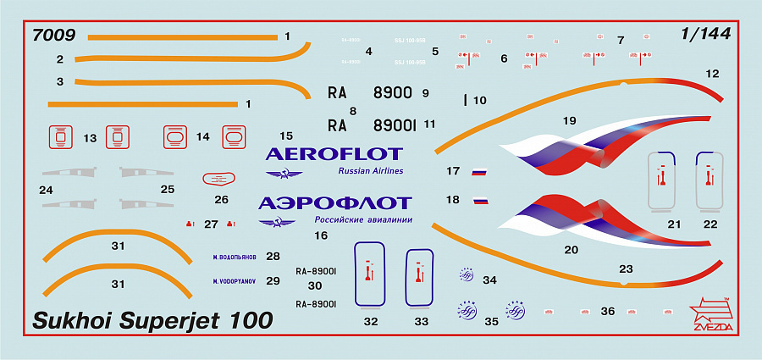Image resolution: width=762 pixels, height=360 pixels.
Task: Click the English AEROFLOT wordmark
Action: tap(334, 154)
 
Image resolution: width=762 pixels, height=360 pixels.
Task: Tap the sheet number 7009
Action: tap(52, 36)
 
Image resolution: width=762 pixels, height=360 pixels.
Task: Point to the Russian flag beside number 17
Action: tap(479, 172)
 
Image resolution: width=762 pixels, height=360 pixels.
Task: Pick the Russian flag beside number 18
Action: tap(480, 202)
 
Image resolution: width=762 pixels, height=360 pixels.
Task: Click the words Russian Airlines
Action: tap(370, 171)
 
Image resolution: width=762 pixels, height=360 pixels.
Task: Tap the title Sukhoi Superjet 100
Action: tap(152, 321)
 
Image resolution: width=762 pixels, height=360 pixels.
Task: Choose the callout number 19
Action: tap(569, 120)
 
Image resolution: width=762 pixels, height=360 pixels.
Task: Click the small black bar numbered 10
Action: tap(466, 100)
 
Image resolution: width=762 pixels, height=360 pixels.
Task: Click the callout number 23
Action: tap(626, 269)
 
